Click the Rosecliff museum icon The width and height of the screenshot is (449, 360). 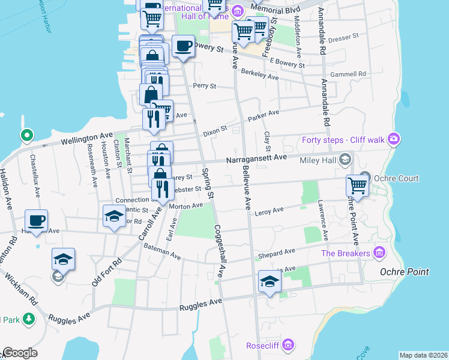pyautogui.click(x=288, y=345)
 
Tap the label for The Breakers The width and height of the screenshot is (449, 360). pyautogui.click(x=345, y=254)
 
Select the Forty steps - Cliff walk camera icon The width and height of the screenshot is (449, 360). pyautogui.click(x=393, y=140)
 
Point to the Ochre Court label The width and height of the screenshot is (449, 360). pyautogui.click(x=396, y=179)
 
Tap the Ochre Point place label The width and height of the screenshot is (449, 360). pyautogui.click(x=405, y=272)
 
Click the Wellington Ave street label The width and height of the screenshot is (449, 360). pyautogui.click(x=88, y=140)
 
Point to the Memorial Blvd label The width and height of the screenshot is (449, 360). pyautogui.click(x=276, y=10)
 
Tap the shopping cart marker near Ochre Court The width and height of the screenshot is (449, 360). pyautogui.click(x=358, y=186)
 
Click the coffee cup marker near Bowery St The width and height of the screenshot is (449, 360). pyautogui.click(x=184, y=47)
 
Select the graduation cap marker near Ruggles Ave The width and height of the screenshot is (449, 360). pyautogui.click(x=270, y=281)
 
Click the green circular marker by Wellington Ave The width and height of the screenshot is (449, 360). pyautogui.click(x=26, y=136)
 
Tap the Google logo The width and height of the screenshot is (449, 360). pyautogui.click(x=20, y=353)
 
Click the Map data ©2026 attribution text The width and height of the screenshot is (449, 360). pyautogui.click(x=423, y=355)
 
